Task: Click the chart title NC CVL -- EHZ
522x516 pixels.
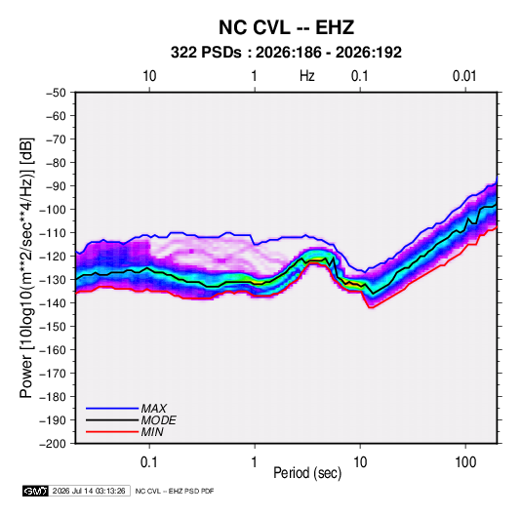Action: coord(286,27)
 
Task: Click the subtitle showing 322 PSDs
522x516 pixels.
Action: coord(286,53)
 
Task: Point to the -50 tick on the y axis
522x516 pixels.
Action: coord(56,93)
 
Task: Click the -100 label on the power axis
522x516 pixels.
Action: coord(53,210)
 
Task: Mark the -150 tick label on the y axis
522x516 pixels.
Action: coord(53,327)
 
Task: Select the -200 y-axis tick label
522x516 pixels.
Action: coord(53,444)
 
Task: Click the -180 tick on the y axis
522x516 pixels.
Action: coord(53,397)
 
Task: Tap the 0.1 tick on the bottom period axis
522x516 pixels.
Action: coord(149,462)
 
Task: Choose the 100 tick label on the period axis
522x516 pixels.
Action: coord(465,462)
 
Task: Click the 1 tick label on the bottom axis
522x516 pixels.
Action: coord(254,462)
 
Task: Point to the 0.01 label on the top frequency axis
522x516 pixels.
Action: coord(464,76)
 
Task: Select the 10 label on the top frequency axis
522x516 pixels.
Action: coord(149,76)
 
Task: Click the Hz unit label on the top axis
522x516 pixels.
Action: coord(307,76)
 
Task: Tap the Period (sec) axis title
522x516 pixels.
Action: coord(307,473)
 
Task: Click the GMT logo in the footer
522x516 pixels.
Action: coord(35,491)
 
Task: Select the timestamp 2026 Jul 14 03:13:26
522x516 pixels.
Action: coord(89,491)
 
